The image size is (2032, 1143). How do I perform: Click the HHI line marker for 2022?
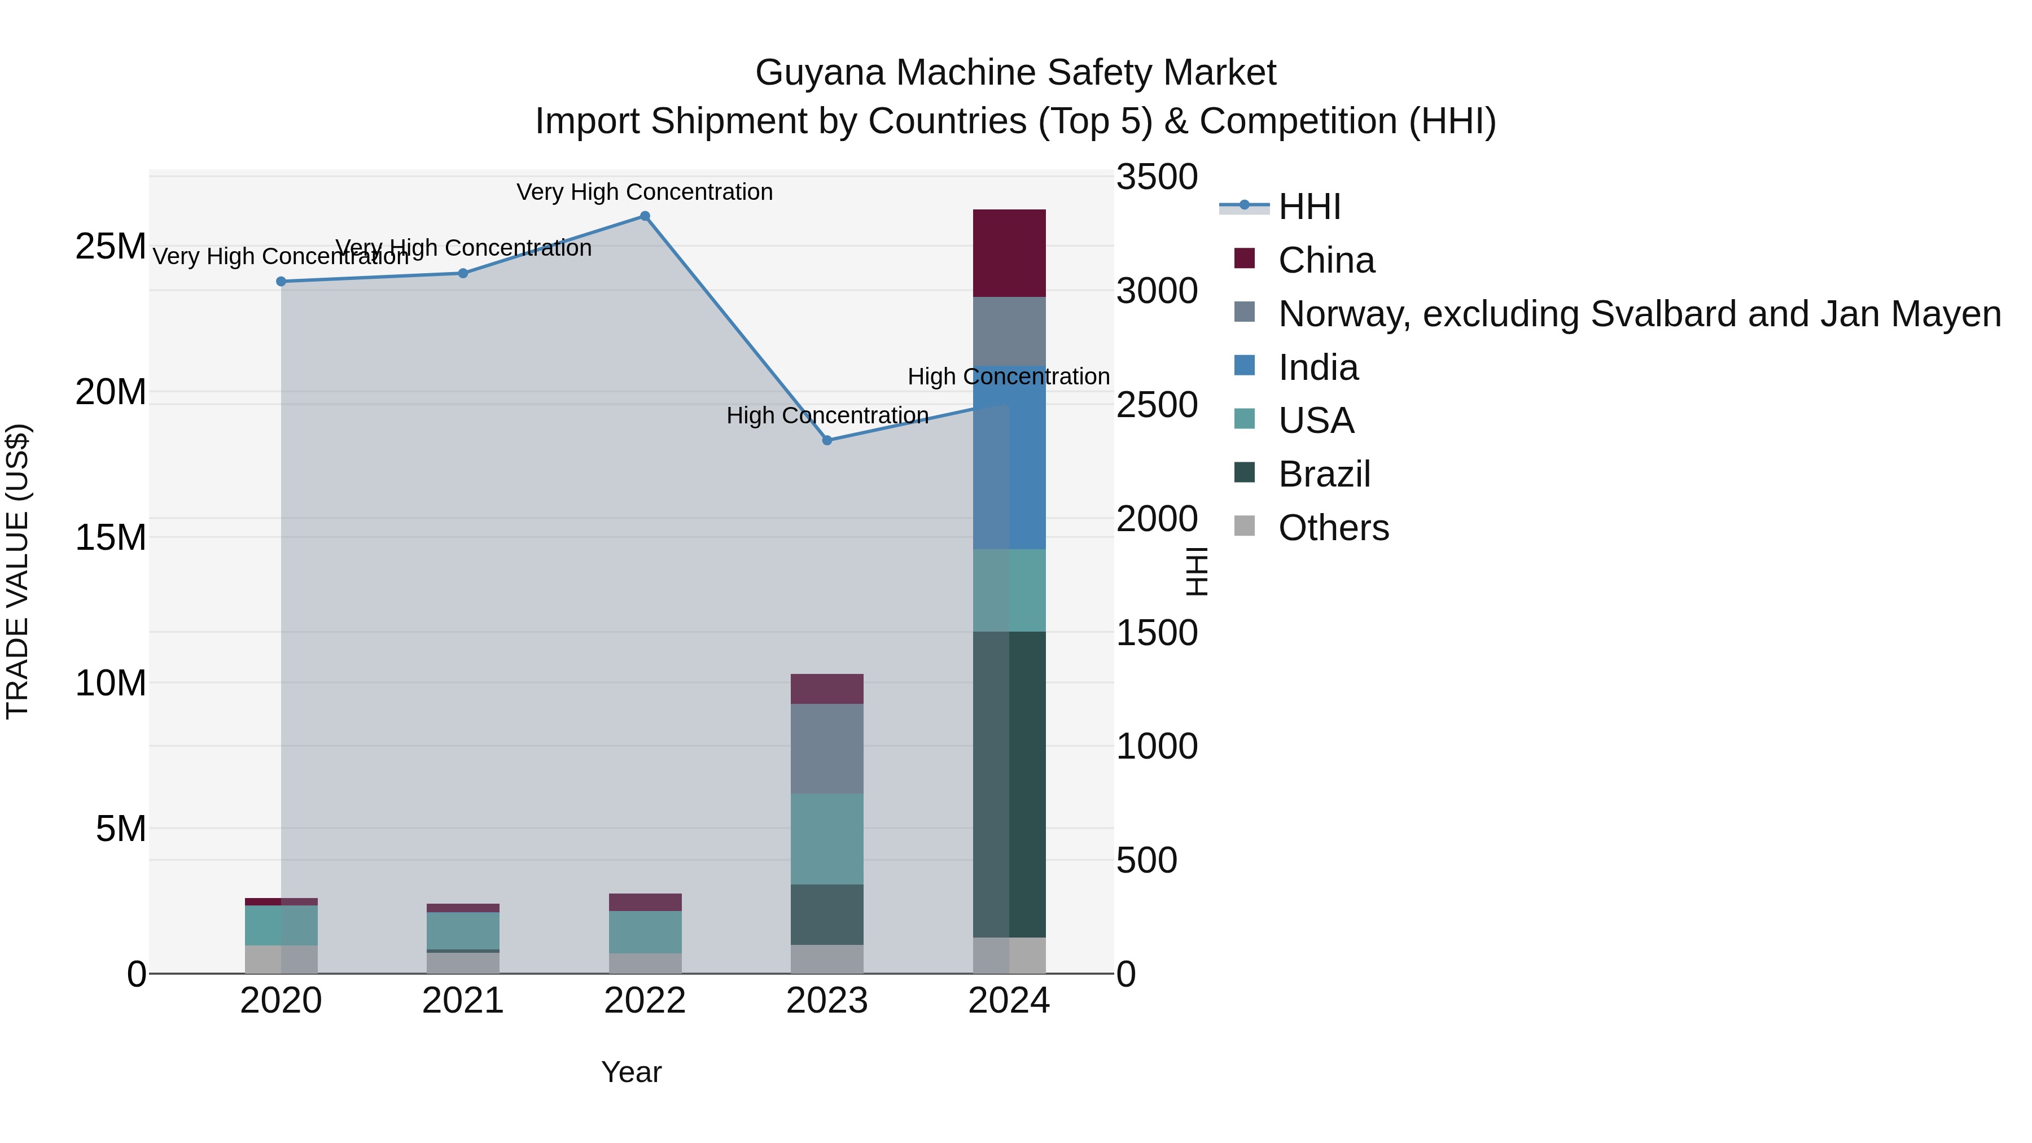pyautogui.click(x=645, y=216)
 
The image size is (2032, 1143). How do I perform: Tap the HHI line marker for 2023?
pyautogui.click(x=827, y=440)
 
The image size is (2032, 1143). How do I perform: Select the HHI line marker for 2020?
pyautogui.click(x=281, y=282)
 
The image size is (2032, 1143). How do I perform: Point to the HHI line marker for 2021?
pyautogui.click(x=463, y=274)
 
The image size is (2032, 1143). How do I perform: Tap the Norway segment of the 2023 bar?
pyautogui.click(x=827, y=748)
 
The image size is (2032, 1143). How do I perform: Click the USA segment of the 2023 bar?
pyautogui.click(x=827, y=839)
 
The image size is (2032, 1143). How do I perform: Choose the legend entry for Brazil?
pyautogui.click(x=1324, y=474)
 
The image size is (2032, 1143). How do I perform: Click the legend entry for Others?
pyautogui.click(x=1333, y=528)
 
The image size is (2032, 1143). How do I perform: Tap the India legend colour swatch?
pyautogui.click(x=1244, y=366)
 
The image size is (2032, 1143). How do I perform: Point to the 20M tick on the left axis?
pyautogui.click(x=111, y=392)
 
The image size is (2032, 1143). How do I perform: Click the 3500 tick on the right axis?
pyautogui.click(x=1157, y=177)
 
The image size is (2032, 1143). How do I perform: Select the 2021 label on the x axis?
pyautogui.click(x=463, y=1001)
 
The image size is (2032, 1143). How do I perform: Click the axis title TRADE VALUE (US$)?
pyautogui.click(x=17, y=571)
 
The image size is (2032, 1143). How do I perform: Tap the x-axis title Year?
pyautogui.click(x=631, y=1072)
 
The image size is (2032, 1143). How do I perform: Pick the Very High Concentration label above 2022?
pyautogui.click(x=645, y=192)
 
